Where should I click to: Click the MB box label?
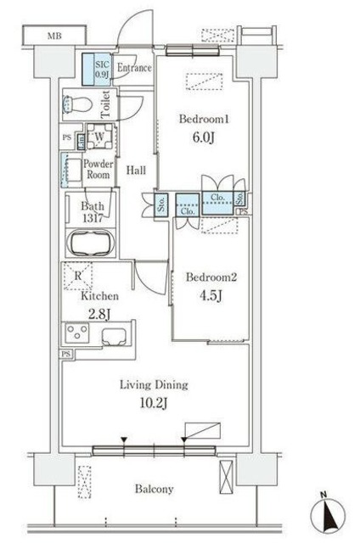(x=54, y=36)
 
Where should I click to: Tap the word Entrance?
(x=133, y=68)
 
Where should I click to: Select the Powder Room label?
(x=99, y=168)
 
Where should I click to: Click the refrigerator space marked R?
(x=78, y=277)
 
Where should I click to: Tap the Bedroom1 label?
(x=201, y=120)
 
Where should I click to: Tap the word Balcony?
(x=154, y=490)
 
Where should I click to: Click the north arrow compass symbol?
(x=329, y=512)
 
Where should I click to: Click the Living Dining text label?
(x=154, y=385)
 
